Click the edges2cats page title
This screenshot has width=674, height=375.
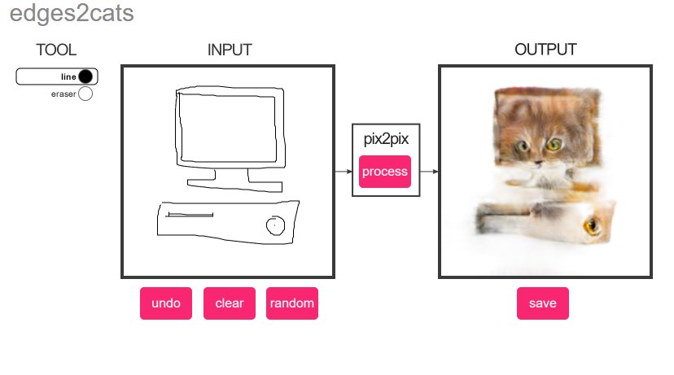coord(72,14)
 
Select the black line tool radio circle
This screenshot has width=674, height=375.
coord(87,76)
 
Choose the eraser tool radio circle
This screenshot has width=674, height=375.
coord(85,94)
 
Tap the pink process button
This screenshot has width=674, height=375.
coord(385,172)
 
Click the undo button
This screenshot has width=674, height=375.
coord(166,303)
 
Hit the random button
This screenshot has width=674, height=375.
coord(292,303)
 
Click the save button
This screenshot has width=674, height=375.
coord(542,303)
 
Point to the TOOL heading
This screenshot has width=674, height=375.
coord(56,50)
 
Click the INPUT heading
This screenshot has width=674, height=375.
coord(230,50)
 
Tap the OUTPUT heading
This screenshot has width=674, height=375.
coord(545,50)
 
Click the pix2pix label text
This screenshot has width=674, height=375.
coord(385,139)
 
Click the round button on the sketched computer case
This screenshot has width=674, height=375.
coord(274,225)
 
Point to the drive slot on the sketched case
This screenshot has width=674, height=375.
coord(189,216)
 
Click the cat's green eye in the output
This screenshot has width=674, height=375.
coord(553,145)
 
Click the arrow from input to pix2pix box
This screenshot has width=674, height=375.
coord(343,172)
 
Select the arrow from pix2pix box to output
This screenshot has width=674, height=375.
coord(429,172)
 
